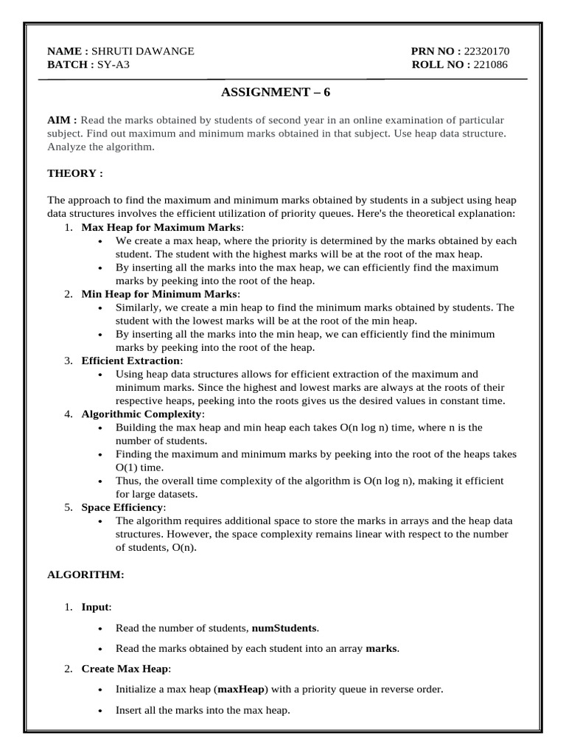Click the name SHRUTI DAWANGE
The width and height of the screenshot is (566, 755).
[143, 52]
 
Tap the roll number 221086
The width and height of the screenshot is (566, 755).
[491, 65]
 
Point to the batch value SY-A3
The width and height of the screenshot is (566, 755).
[113, 65]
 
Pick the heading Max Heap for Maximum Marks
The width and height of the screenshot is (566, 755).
[162, 228]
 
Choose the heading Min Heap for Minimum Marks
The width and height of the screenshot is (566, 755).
[159, 294]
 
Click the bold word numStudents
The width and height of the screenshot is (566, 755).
[284, 628]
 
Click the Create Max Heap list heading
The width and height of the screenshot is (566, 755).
[126, 669]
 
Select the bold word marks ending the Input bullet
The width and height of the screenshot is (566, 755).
[382, 649]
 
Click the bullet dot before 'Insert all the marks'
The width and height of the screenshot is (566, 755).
[100, 711]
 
